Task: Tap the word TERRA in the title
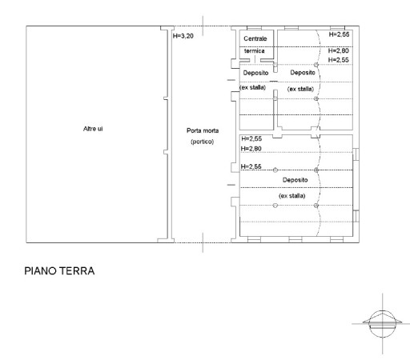click(x=77, y=271)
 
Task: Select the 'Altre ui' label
click(x=93, y=129)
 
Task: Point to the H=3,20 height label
click(x=183, y=36)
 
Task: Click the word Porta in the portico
click(x=194, y=130)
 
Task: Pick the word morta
click(x=211, y=130)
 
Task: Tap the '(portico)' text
click(x=203, y=142)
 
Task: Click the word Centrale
click(x=255, y=38)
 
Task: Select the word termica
click(x=255, y=50)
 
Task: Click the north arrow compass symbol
click(x=382, y=324)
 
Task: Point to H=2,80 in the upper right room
click(x=339, y=50)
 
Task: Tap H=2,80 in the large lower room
click(x=251, y=149)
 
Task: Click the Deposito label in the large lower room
click(x=295, y=180)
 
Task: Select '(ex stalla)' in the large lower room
click(x=292, y=196)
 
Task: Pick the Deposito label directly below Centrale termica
click(x=255, y=73)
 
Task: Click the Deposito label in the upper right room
click(x=303, y=73)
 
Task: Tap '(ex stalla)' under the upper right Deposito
click(x=300, y=89)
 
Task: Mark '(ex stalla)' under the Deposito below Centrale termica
click(x=253, y=87)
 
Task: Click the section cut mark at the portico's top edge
click(x=203, y=26)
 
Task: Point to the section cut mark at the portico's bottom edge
click(x=203, y=242)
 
